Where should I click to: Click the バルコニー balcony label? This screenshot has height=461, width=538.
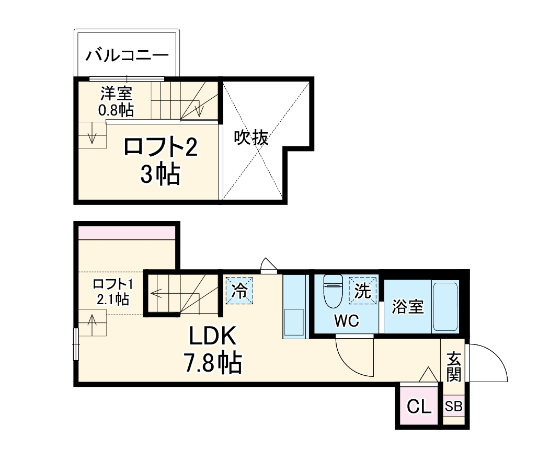coord(128,54)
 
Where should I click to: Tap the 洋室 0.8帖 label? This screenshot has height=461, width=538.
coord(116,101)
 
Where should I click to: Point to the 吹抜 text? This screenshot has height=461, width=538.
coord(251,138)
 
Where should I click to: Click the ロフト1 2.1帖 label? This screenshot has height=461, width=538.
coord(113,292)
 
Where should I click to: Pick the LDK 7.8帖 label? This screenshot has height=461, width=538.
coord(213,350)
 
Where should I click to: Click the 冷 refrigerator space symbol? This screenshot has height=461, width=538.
coord(240,290)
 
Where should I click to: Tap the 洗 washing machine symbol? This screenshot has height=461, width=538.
coord(363,290)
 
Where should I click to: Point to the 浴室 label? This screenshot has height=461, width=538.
coord(408,307)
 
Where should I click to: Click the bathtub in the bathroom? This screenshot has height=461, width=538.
coord(445,307)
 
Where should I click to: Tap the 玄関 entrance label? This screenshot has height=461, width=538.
coord(454,367)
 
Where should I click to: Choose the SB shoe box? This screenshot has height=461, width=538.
coord(453,407)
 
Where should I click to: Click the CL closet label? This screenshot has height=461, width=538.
coord(419,407)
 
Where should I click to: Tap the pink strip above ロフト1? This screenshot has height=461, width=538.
coord(126,232)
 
